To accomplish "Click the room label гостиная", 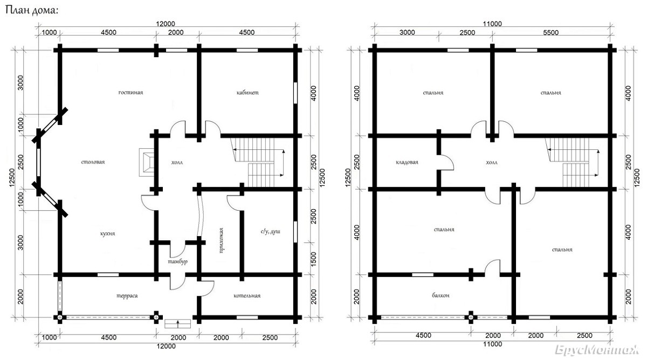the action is (x=130, y=93).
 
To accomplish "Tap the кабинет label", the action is (x=247, y=93).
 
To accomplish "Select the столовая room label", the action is (x=93, y=162).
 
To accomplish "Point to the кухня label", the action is (x=107, y=233).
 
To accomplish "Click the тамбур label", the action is (x=177, y=261).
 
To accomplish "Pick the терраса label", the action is (x=127, y=296).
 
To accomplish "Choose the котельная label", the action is (x=247, y=296).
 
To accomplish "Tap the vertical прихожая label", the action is (x=221, y=240).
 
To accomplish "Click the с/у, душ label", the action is (x=270, y=232).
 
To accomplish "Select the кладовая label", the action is (x=407, y=162).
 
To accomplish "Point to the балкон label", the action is (x=441, y=295).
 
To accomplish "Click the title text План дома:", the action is (x=32, y=10).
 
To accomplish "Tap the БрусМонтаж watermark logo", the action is (x=597, y=350).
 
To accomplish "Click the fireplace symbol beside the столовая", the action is (x=147, y=162).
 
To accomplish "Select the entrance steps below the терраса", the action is (x=177, y=324).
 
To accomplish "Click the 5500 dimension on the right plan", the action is (x=550, y=33).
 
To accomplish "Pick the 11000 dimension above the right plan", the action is (x=492, y=24).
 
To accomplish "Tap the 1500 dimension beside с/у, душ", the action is (x=314, y=259).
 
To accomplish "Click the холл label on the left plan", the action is (x=177, y=163).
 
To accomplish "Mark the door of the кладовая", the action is (x=446, y=163).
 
